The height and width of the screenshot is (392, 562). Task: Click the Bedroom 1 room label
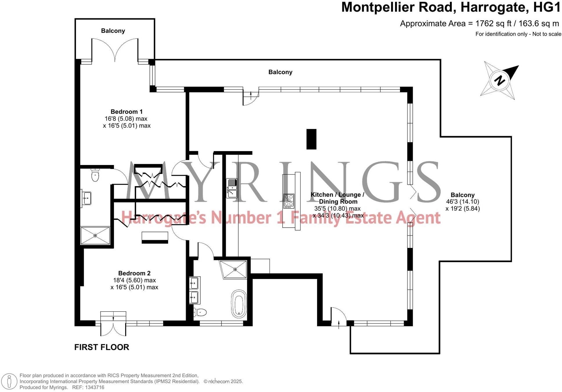point(127,112)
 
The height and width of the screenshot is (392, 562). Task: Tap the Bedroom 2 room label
point(134,273)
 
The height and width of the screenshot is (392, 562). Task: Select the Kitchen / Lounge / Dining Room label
point(338,198)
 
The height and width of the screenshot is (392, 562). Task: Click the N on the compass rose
point(499,80)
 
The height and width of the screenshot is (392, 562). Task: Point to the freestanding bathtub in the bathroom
point(239,304)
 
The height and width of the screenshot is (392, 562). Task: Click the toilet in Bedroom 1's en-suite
point(95,175)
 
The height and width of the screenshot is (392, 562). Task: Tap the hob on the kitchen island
point(289,201)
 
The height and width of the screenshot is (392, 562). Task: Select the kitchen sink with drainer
point(232,188)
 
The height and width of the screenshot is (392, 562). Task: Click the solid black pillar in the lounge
point(311,139)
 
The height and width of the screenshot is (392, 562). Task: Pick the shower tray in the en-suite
point(95,235)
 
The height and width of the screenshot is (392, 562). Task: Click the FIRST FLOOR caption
point(101,347)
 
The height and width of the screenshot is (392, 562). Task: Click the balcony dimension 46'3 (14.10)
point(462,202)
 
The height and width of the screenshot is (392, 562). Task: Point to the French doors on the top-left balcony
point(115,50)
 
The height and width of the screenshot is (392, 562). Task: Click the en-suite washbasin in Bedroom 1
point(86,198)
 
